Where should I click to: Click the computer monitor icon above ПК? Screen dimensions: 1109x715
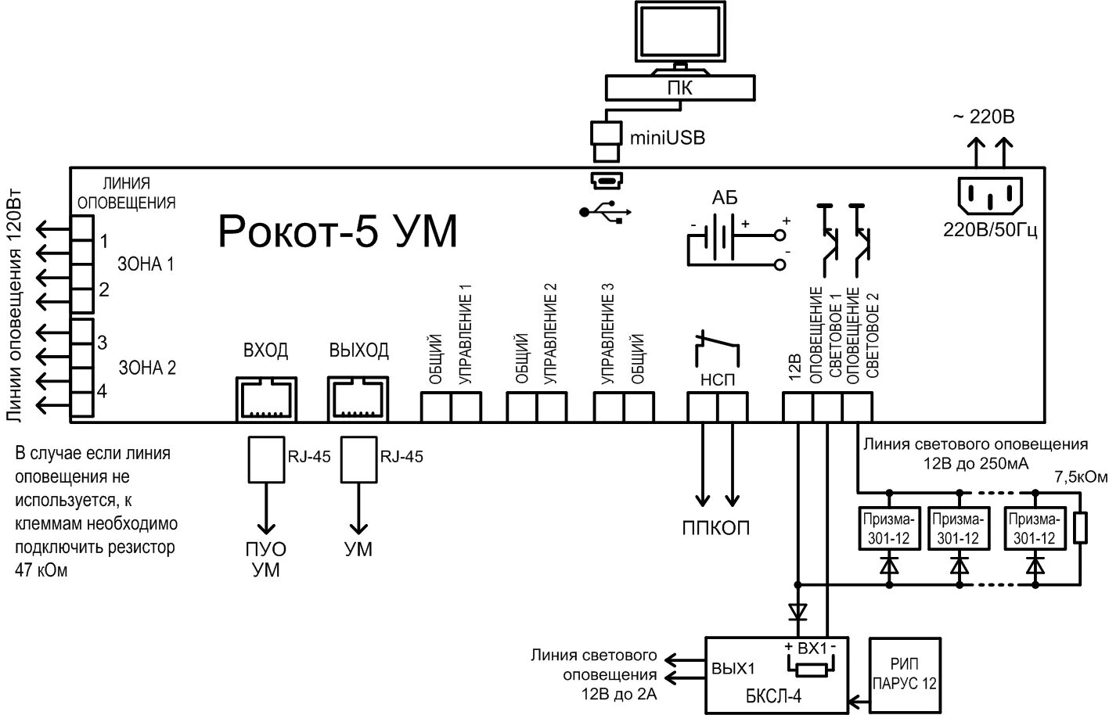coord(680,38)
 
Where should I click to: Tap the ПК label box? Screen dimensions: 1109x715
coord(680,88)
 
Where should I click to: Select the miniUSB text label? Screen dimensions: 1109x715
coord(668,138)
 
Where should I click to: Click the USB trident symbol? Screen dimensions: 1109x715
coord(605,212)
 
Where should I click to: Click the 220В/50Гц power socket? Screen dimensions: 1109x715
coord(990,196)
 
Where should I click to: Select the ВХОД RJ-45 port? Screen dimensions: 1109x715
coord(266,399)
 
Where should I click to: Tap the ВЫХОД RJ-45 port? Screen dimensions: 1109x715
coord(358,399)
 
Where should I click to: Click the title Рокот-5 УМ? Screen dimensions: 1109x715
coord(337,232)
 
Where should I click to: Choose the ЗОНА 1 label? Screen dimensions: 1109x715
coord(146,264)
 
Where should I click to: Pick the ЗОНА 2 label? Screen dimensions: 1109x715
coord(147,368)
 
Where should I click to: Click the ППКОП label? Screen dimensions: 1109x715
coord(716,529)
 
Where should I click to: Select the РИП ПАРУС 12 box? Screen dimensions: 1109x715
coord(905,675)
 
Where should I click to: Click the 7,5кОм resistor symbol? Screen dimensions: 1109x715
coord(1081,527)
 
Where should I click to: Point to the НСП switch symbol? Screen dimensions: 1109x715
coord(718,348)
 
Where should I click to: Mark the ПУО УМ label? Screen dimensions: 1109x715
coord(266,559)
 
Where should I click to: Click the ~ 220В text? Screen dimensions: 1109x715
coord(984,117)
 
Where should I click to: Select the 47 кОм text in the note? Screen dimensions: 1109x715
coord(41,570)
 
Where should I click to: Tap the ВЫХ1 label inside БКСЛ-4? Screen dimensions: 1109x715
coord(733,669)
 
